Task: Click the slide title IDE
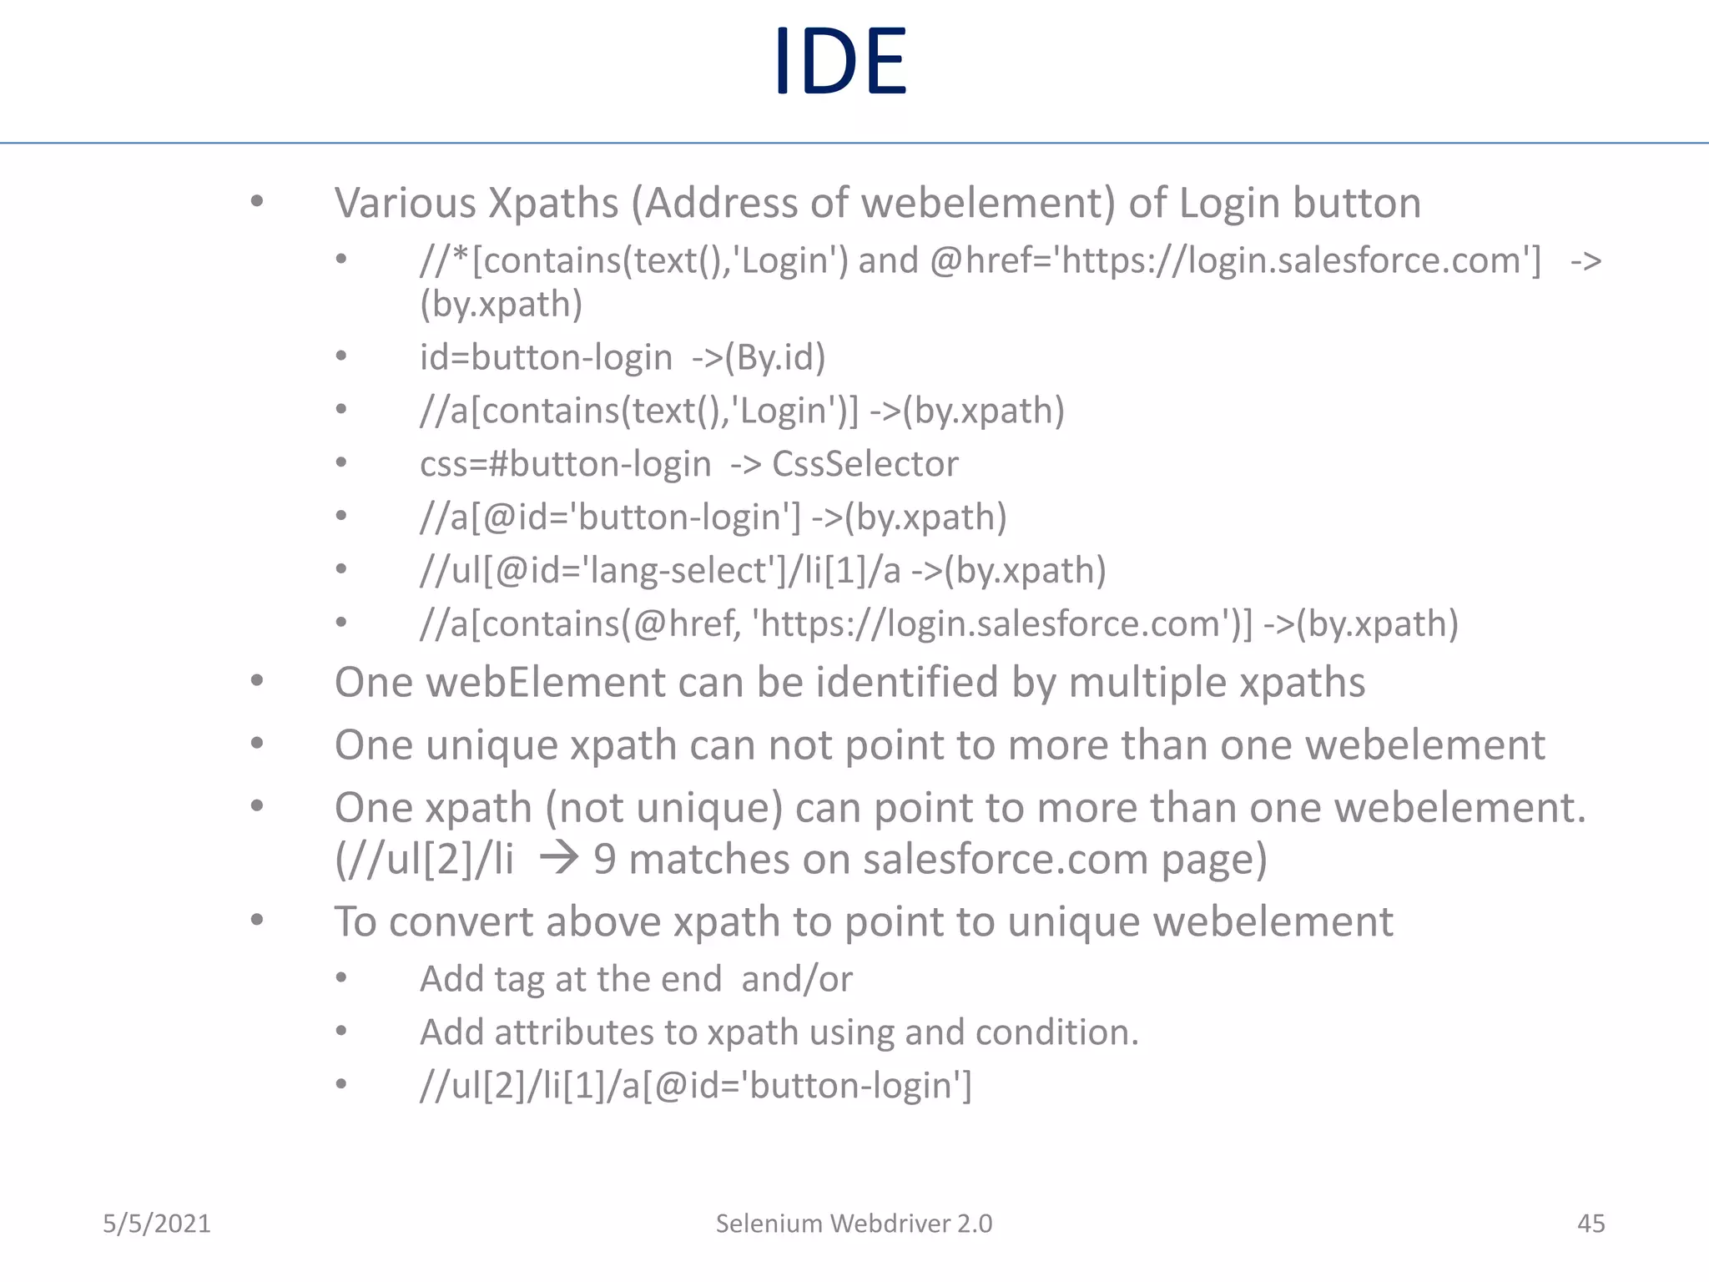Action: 839,62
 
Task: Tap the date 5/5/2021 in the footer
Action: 157,1224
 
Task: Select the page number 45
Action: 1591,1224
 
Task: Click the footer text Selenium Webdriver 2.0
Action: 854,1224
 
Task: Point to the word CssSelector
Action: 865,464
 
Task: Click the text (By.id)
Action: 774,358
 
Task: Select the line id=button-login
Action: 546,358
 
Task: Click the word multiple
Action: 1147,683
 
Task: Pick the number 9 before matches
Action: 604,860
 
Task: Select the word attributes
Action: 573,1033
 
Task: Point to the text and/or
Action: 797,980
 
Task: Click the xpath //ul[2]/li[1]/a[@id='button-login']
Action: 696,1086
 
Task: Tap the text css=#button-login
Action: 565,464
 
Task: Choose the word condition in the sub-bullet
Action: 1056,1033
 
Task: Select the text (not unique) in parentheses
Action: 664,808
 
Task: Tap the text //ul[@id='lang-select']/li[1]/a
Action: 660,571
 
